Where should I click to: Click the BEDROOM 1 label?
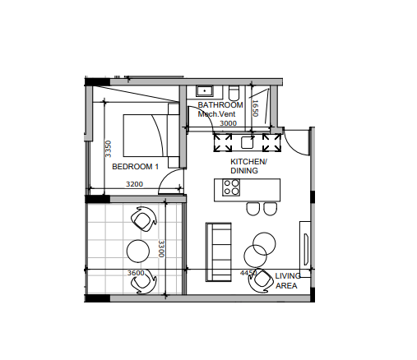tap(136, 167)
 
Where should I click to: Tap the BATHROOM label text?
tap(220, 105)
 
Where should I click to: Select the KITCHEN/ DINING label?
tap(248, 166)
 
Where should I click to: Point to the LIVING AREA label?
tap(288, 281)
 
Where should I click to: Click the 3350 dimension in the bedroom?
tap(109, 149)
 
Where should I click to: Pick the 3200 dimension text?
tap(134, 184)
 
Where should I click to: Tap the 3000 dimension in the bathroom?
tap(228, 123)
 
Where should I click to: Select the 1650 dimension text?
tap(255, 108)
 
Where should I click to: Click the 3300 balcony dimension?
tap(161, 249)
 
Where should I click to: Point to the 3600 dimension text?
tap(136, 273)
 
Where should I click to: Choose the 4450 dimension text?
tap(248, 273)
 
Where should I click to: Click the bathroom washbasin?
tap(205, 91)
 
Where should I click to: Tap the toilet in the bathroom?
tap(234, 93)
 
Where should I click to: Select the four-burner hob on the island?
tap(231, 187)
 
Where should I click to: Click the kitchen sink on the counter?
tap(247, 142)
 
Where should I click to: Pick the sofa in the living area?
tap(219, 252)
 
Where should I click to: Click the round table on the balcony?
tap(138, 251)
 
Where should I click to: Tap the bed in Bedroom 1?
tap(151, 136)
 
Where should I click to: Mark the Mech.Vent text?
tap(216, 114)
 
